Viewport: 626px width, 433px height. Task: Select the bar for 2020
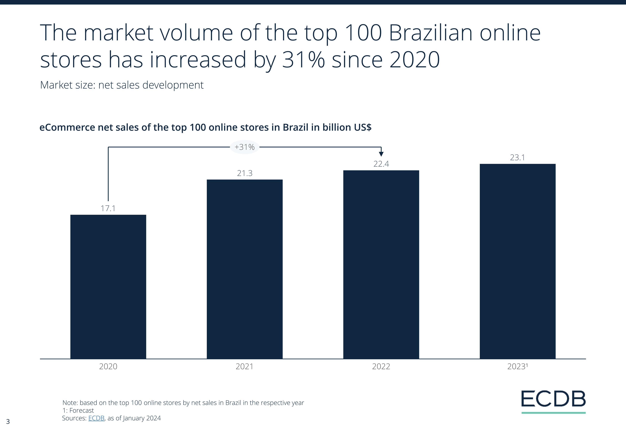[108, 287]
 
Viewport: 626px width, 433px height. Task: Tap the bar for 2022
[381, 264]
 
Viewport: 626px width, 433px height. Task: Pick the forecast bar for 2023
[517, 261]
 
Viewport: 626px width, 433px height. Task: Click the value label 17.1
[108, 208]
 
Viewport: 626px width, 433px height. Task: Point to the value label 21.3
[245, 173]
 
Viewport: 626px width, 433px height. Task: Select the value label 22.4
[381, 164]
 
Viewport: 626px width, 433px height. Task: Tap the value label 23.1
[517, 157]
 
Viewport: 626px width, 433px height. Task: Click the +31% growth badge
[245, 147]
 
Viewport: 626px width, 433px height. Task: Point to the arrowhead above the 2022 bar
[381, 154]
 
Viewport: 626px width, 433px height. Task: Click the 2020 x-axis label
[108, 367]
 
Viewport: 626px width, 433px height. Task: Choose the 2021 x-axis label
[245, 367]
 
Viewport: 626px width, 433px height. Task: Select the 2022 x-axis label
[381, 367]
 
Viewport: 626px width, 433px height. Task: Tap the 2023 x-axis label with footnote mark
[517, 367]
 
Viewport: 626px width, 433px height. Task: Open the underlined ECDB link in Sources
[96, 418]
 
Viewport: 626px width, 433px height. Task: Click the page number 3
[8, 421]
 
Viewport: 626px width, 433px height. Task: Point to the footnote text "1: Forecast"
[78, 410]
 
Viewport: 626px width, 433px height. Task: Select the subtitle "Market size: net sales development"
[122, 85]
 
